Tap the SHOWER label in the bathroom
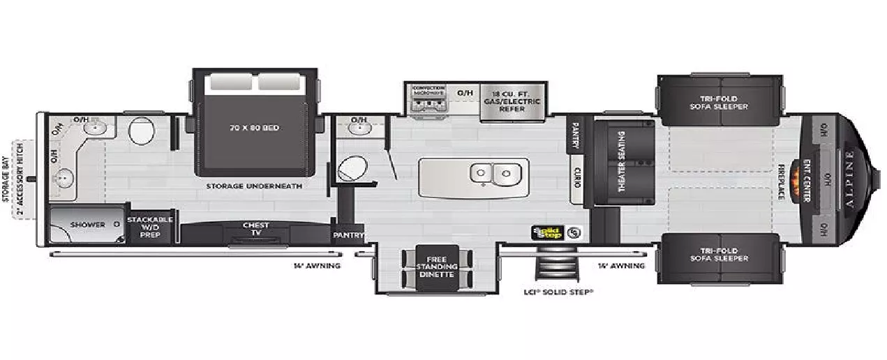pyautogui.click(x=87, y=225)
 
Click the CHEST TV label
pyautogui.click(x=255, y=229)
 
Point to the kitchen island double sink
pyautogui.click(x=495, y=172)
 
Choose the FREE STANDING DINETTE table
pyautogui.click(x=437, y=266)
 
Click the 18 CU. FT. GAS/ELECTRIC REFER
pyautogui.click(x=512, y=102)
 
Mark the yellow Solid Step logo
pyautogui.click(x=547, y=232)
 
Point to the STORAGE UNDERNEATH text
pyautogui.click(x=253, y=186)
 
